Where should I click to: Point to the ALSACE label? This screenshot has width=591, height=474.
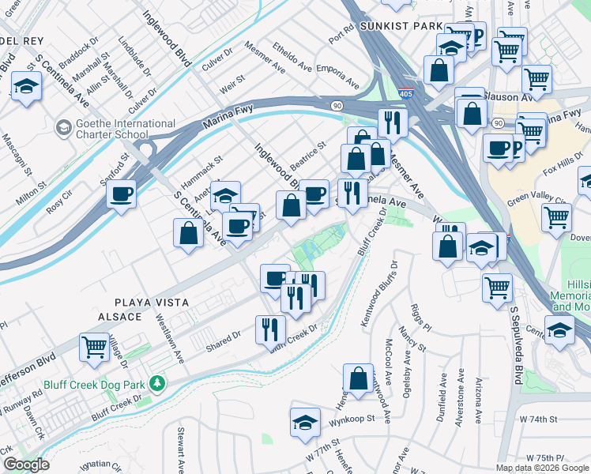click(119, 317)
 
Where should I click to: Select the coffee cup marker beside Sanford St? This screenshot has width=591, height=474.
click(121, 194)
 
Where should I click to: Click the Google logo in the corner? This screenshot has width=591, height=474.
click(26, 465)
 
